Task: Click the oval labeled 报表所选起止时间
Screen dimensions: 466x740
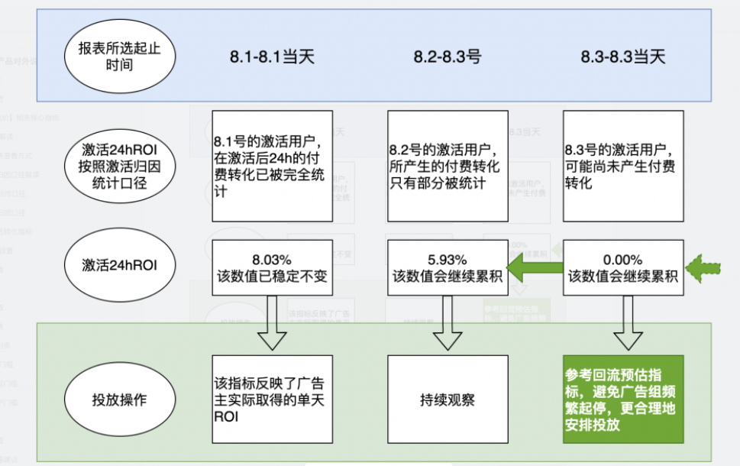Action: click(120, 56)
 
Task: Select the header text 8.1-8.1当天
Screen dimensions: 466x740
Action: click(272, 57)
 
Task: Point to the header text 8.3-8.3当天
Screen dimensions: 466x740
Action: click(623, 57)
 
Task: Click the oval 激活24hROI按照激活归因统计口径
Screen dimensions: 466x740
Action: click(120, 164)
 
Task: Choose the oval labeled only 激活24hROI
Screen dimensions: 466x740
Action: click(120, 264)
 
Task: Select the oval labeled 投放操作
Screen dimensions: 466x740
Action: click(120, 400)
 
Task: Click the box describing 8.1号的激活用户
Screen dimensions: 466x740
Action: click(273, 166)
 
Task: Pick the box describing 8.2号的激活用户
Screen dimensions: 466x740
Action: click(448, 166)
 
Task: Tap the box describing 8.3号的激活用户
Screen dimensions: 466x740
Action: click(623, 166)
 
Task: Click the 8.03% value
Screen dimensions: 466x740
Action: click(273, 259)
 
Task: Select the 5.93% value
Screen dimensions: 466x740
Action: click(448, 259)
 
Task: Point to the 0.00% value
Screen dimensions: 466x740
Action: click(623, 259)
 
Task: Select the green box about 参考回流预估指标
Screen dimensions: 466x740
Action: click(623, 400)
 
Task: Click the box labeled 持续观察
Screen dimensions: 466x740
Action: click(448, 400)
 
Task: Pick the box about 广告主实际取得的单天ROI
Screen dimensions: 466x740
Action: click(273, 400)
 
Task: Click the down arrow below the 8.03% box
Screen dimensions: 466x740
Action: click(273, 322)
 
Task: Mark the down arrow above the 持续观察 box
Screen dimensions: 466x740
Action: click(448, 322)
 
